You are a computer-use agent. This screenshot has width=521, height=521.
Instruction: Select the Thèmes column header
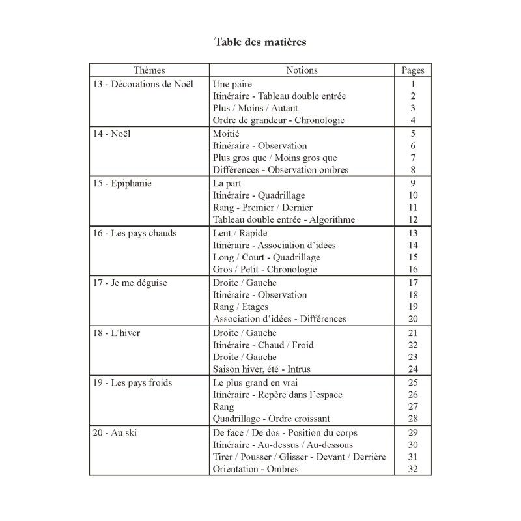[149, 70]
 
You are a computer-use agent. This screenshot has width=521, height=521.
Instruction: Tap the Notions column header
[302, 70]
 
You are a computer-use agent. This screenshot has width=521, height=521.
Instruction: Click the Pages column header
[412, 70]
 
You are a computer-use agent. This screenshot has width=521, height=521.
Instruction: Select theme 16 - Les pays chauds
[134, 233]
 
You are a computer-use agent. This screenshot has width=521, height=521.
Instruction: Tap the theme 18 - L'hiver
[117, 333]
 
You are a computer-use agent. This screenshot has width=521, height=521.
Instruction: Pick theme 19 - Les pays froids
[132, 382]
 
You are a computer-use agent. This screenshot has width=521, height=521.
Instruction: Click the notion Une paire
[232, 84]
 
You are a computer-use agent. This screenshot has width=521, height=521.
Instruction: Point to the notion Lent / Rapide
[240, 233]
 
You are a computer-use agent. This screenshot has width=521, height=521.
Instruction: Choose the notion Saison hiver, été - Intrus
[262, 369]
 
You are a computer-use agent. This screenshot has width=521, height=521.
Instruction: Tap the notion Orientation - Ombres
[256, 469]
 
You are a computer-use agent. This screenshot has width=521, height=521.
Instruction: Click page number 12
[412, 219]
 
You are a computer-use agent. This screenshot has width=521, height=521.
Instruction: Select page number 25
[412, 382]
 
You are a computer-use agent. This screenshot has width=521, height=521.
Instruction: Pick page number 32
[412, 469]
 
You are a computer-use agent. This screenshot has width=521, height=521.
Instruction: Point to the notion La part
[227, 183]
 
